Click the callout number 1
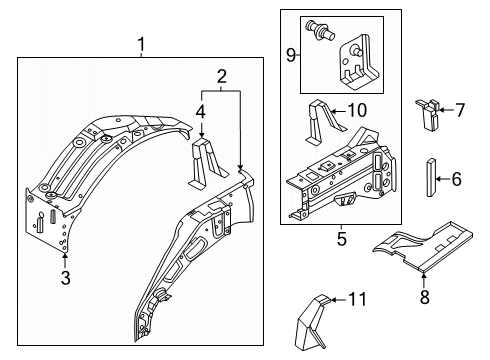click(141, 45)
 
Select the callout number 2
click(222, 77)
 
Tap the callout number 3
click(66, 277)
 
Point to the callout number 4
click(201, 112)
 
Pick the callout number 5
click(342, 239)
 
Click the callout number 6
click(457, 179)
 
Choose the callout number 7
click(460, 110)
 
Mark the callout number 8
click(424, 297)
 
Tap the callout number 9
click(291, 55)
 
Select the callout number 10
click(357, 110)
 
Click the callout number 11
click(357, 299)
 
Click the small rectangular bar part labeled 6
click(431, 178)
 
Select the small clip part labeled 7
click(428, 115)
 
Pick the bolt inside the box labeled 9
click(320, 29)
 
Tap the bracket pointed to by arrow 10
click(323, 122)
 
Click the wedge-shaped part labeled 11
click(312, 322)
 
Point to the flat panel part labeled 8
click(423, 245)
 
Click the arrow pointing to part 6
click(443, 179)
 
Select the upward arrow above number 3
click(65, 261)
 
